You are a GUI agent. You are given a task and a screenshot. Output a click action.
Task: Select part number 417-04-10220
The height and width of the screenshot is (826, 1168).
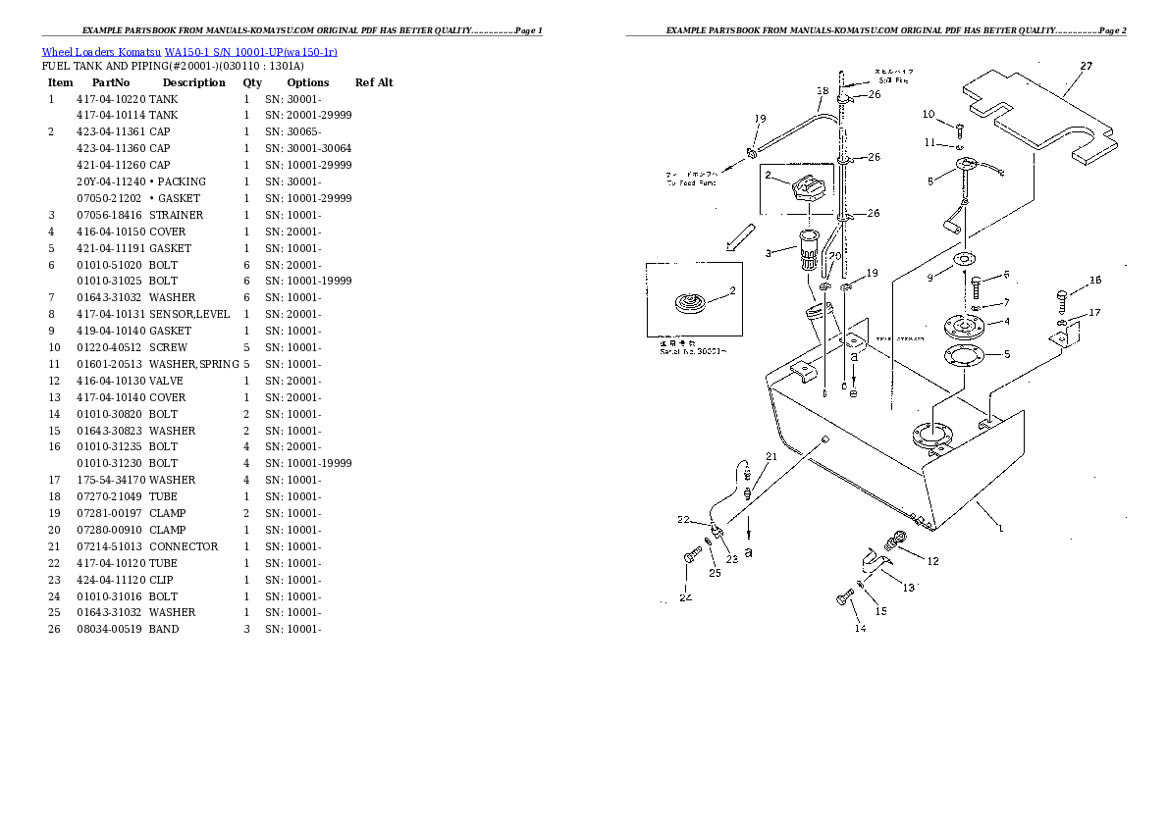pos(111,99)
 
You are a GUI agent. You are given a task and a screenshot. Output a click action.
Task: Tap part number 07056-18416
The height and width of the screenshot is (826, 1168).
pos(109,215)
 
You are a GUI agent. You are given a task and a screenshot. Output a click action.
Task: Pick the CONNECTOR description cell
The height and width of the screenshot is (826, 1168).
pos(184,546)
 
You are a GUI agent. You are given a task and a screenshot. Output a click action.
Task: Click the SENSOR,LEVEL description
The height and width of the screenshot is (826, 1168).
pos(189,314)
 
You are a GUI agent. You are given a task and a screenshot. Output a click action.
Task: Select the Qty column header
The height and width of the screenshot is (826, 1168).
pos(252,82)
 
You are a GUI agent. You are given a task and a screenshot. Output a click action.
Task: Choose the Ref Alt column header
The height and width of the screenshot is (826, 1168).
pos(374,82)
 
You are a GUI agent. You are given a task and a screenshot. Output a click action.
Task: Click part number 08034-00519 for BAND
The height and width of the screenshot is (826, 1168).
pos(109,629)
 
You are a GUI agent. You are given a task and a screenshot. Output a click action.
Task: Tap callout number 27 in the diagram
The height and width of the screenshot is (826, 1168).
pos(1086,67)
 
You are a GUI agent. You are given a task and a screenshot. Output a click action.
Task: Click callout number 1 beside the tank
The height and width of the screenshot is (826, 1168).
pos(1000,528)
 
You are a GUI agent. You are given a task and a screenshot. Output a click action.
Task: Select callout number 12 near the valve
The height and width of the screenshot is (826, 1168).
pos(932,561)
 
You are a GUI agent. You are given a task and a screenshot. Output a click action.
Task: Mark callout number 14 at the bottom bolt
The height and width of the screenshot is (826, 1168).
pos(860,628)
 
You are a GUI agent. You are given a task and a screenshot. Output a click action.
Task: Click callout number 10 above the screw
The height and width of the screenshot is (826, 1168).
pos(929,115)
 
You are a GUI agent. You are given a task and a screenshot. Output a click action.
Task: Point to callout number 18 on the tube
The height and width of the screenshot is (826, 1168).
pos(822,91)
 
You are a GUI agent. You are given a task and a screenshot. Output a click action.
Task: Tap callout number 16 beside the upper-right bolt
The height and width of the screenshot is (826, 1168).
pos(1095,280)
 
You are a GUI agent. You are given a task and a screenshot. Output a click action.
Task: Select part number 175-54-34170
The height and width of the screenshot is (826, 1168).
pos(111,480)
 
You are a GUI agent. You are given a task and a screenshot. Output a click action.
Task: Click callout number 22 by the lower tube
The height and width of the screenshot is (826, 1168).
pos(683,520)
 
